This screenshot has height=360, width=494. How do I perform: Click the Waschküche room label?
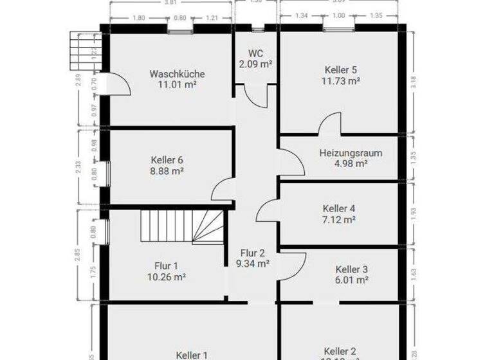point(176,73)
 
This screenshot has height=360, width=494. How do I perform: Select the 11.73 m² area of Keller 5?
point(340,80)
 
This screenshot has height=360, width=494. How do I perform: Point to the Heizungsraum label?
point(351,153)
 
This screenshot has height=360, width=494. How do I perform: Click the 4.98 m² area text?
point(351,164)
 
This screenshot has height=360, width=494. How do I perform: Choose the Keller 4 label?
point(339,208)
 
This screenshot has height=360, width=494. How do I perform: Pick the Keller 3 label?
point(351,269)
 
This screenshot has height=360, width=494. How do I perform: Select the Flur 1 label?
point(165,266)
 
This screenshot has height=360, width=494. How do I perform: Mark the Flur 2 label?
point(253,252)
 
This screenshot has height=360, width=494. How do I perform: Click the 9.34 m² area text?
point(253,263)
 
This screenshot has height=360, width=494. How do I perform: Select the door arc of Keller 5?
point(329,124)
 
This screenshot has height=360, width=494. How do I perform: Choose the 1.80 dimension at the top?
point(138,18)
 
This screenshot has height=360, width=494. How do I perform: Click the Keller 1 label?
point(192,354)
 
